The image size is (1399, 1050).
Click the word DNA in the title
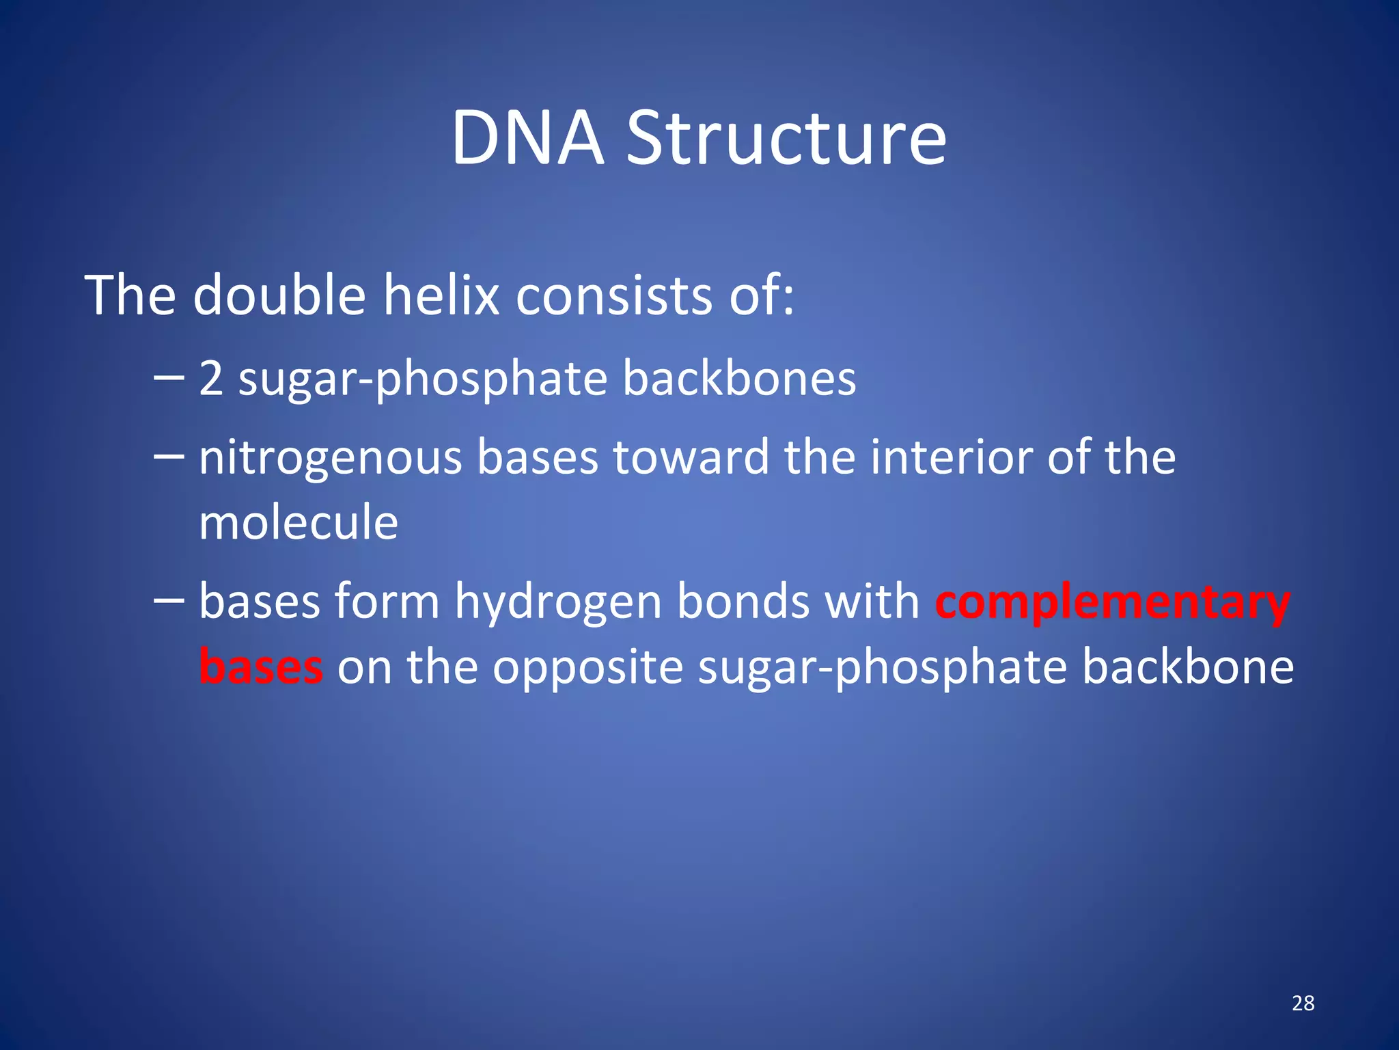click(527, 139)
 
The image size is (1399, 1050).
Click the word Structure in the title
click(786, 139)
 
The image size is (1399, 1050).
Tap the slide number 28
click(1303, 1003)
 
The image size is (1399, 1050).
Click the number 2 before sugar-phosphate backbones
click(211, 379)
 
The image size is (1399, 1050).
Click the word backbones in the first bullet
click(739, 379)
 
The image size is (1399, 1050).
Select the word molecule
click(299, 522)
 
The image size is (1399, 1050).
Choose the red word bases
click(261, 667)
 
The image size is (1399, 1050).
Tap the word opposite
click(588, 667)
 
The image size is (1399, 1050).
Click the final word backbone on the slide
click(1188, 667)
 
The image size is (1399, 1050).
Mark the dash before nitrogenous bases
click(169, 457)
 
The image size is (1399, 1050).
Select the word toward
click(691, 457)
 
